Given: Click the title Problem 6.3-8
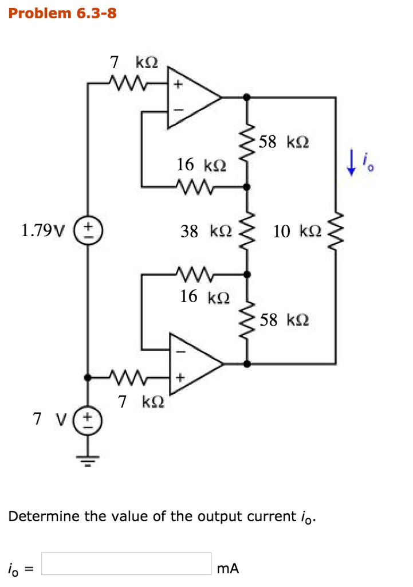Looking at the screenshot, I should tap(62, 13).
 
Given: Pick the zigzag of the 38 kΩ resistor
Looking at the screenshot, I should tap(247, 231).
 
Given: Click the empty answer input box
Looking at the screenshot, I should tap(126, 564).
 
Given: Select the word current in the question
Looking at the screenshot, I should tap(271, 516).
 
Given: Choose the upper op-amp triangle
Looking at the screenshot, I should tap(192, 97).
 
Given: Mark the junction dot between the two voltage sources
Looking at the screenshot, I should tap(88, 378).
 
